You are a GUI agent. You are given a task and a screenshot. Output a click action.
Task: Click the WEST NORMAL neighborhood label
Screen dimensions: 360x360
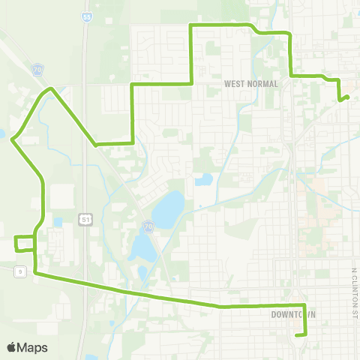[251, 84]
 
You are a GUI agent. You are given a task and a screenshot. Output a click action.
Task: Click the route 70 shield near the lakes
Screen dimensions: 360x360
[148, 225]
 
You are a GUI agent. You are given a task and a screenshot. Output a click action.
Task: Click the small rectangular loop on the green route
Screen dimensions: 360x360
[25, 244]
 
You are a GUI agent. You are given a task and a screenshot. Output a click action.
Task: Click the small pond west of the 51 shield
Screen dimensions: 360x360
[58, 223]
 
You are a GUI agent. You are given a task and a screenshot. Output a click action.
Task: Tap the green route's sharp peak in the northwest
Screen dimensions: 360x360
[51, 88]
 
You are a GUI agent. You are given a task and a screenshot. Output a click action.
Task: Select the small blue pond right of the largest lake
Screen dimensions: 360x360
[202, 180]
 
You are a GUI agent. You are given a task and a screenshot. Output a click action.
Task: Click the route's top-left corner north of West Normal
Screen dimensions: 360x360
[190, 26]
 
